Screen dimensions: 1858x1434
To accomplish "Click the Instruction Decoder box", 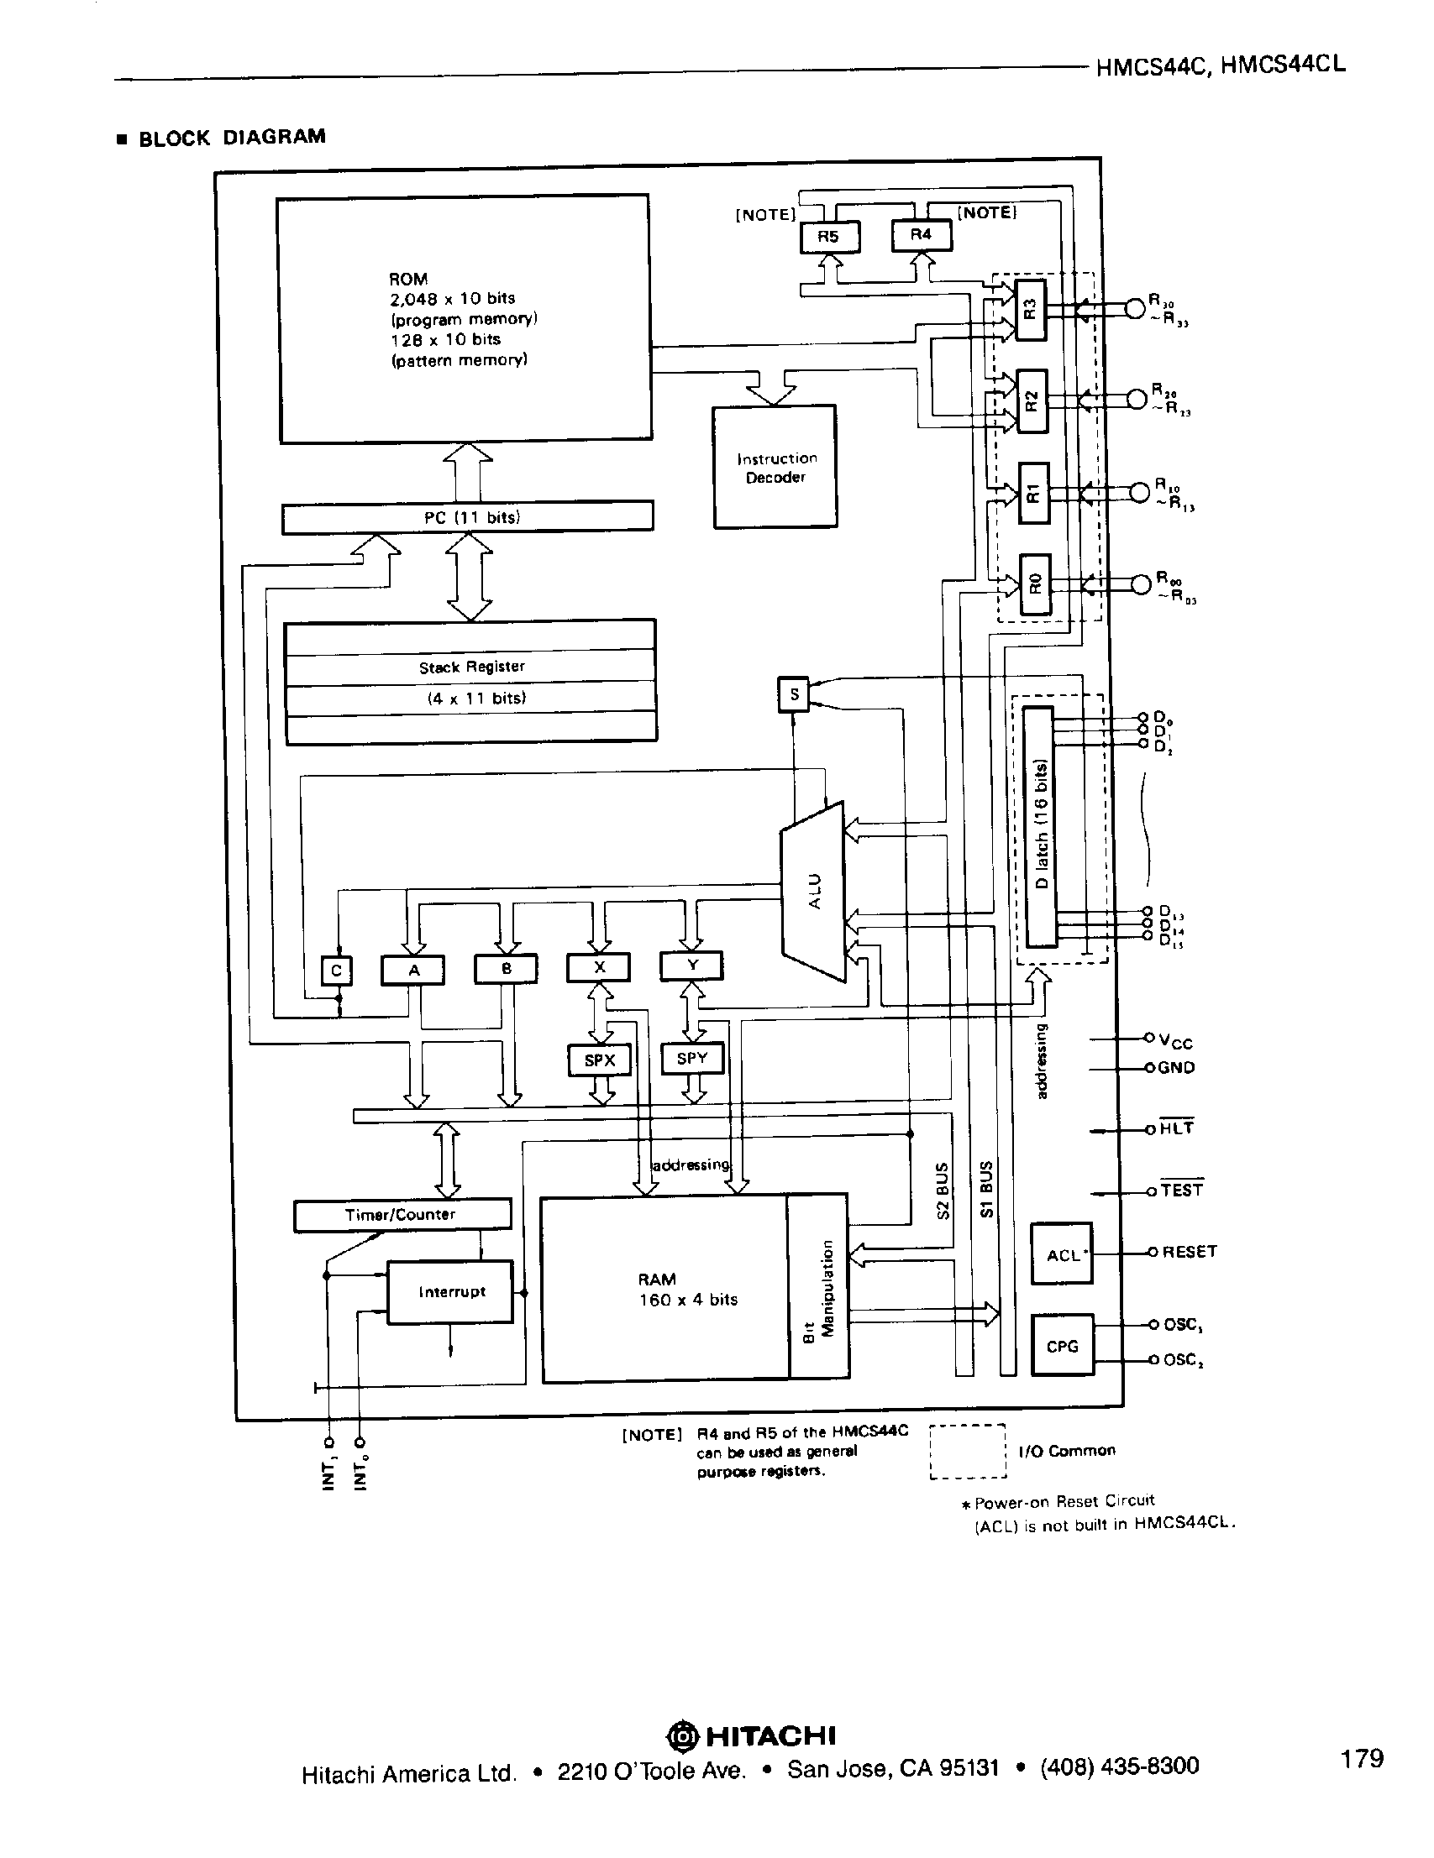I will (x=775, y=467).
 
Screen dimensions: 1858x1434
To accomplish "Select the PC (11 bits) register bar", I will (x=467, y=517).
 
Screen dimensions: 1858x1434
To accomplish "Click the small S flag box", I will (x=793, y=694).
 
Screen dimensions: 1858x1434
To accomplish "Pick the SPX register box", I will (x=599, y=1060).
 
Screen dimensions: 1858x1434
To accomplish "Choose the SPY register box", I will (x=692, y=1059).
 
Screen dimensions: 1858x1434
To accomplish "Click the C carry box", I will (x=336, y=971).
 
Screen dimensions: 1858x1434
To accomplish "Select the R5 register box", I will (x=830, y=237).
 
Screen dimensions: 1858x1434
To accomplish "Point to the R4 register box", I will (x=921, y=235).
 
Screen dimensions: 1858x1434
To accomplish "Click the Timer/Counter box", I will (x=402, y=1215).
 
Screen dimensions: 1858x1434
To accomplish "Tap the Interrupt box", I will (x=450, y=1291).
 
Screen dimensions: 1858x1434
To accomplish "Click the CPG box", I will (x=1061, y=1346).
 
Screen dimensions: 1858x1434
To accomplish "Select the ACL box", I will (x=1061, y=1254).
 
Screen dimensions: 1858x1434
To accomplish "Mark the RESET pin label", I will (x=1189, y=1252).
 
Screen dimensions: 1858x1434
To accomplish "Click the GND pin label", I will (x=1176, y=1068).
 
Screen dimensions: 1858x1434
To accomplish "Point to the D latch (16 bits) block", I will (x=1041, y=826).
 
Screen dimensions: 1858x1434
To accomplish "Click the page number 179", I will (x=1362, y=1758).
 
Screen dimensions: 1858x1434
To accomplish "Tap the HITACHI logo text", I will (x=770, y=1735).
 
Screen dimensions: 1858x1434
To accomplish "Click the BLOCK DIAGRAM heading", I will (x=232, y=138).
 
